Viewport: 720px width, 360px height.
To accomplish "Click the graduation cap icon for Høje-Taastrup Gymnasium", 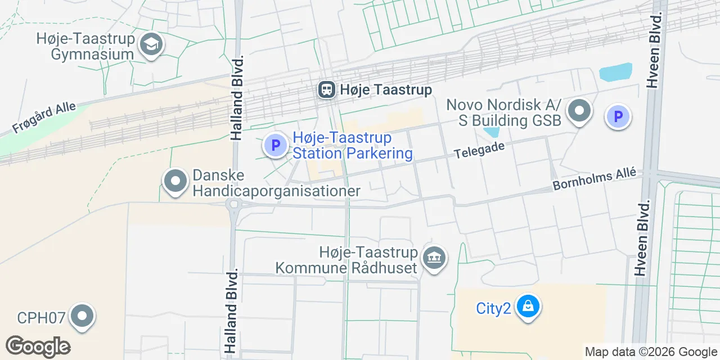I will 151,44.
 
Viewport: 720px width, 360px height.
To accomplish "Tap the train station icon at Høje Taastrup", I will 326,89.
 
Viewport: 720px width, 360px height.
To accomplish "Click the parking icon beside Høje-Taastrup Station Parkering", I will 276,145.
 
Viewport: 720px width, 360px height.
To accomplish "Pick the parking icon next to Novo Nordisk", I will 618,117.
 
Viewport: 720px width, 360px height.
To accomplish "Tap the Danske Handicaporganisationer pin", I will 175,181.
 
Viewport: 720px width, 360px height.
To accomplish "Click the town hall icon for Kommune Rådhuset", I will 434,259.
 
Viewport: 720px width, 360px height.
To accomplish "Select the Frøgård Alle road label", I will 44,118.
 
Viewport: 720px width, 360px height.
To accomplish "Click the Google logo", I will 38,346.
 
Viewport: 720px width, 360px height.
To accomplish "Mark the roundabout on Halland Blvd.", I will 233,204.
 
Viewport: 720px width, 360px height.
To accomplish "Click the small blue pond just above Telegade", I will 491,132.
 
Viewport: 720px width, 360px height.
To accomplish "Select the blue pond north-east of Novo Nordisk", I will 616,73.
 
